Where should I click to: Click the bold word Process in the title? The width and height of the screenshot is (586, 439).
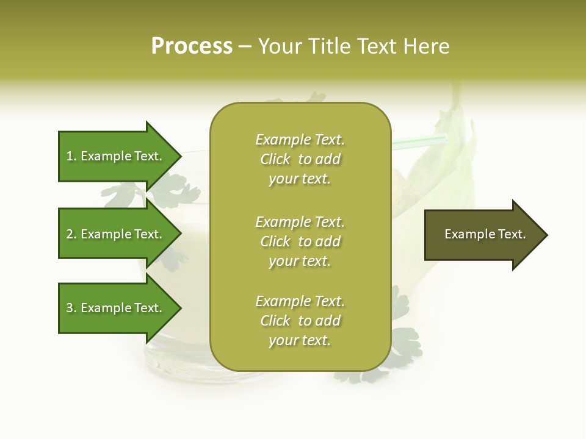[x=192, y=46]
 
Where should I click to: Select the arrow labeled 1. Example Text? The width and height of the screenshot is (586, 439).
[x=116, y=156]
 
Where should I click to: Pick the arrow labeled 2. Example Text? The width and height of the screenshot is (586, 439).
[x=116, y=234]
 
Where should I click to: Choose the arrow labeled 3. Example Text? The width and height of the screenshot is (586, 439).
[x=116, y=308]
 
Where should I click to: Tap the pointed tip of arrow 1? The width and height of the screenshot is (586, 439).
[x=179, y=157]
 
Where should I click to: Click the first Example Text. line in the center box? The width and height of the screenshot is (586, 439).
[x=300, y=140]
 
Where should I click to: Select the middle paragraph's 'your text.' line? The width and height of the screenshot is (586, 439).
[x=300, y=261]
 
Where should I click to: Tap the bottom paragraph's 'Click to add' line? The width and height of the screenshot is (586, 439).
[x=300, y=321]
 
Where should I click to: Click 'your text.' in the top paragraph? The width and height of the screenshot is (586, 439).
[x=300, y=179]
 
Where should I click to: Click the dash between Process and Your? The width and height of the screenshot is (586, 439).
[x=245, y=46]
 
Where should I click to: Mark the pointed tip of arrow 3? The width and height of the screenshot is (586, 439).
[x=179, y=309]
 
